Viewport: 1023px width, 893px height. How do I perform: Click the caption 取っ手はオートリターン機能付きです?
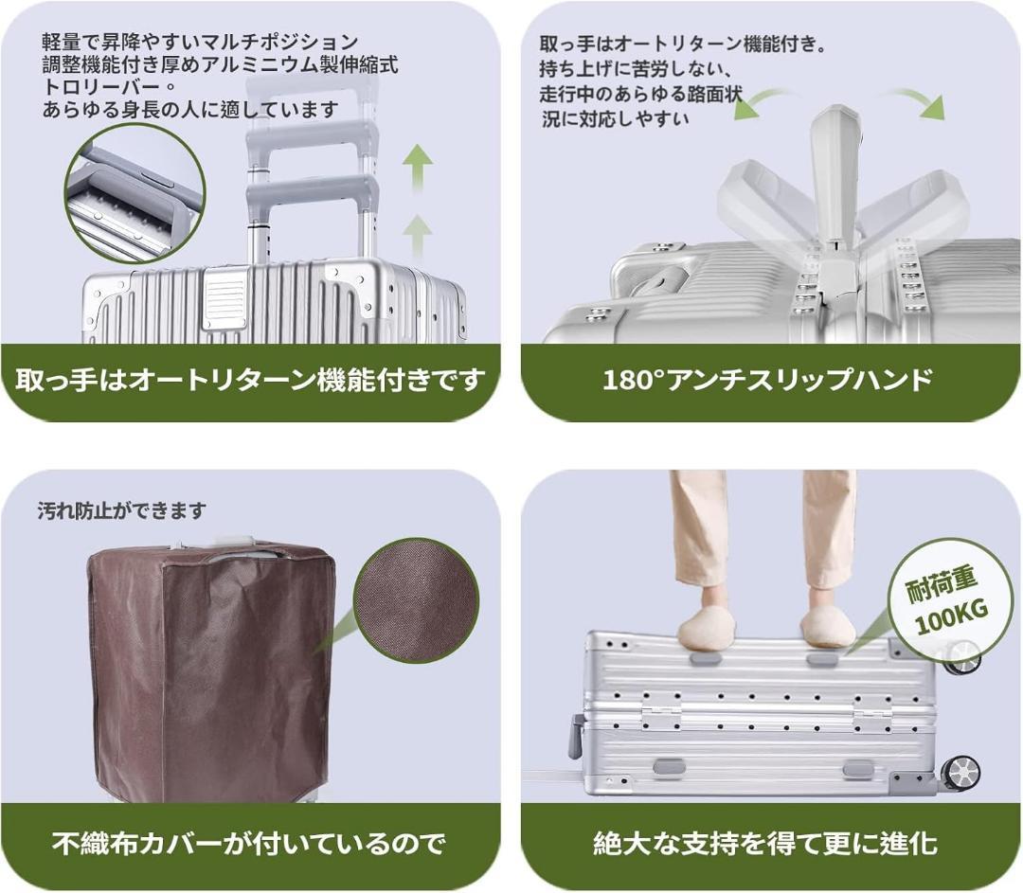(x=250, y=381)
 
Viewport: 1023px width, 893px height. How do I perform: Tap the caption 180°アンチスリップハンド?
(x=767, y=381)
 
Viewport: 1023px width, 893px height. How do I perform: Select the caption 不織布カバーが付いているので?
(x=248, y=843)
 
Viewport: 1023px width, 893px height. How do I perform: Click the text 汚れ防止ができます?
(x=121, y=511)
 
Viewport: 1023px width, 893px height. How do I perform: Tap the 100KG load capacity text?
(x=951, y=626)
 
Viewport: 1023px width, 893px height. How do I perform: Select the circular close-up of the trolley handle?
(x=135, y=193)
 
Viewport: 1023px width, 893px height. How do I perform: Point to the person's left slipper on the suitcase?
(x=828, y=627)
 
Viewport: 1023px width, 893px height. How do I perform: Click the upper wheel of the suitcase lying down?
(x=963, y=655)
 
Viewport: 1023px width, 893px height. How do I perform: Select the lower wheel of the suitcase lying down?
(x=961, y=772)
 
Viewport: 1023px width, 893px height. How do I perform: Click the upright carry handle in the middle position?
(x=836, y=180)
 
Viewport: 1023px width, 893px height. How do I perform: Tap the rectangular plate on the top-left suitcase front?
(x=224, y=299)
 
